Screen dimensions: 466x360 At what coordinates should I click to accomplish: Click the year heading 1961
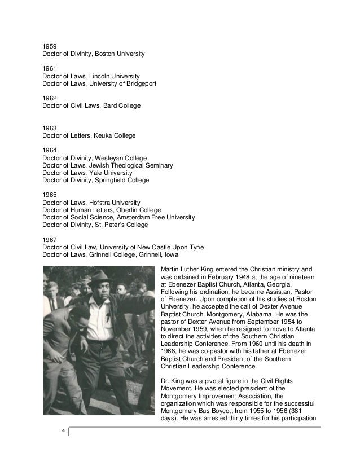[x=50, y=68]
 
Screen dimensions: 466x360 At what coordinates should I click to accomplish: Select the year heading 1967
[x=50, y=239]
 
